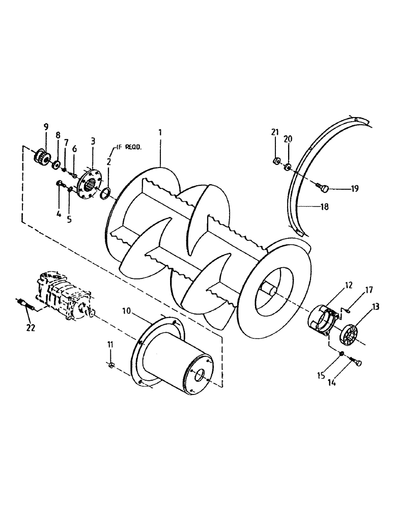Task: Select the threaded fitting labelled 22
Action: coord(25,307)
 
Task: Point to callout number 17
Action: coord(369,290)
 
